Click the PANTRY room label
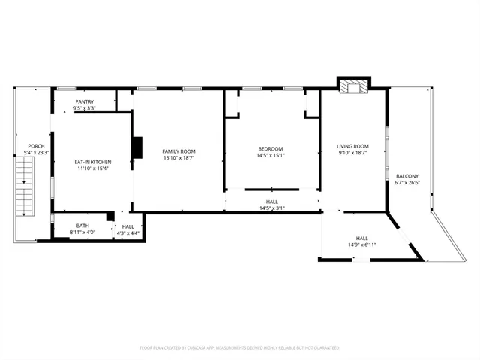click(84, 101)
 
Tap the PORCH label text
click(36, 146)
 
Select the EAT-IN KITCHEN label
click(92, 162)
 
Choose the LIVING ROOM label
click(352, 146)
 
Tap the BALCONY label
click(407, 176)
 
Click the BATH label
click(82, 226)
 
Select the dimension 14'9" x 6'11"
click(361, 245)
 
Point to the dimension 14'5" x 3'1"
click(272, 208)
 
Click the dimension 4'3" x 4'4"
click(127, 232)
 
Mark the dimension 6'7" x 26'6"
click(407, 182)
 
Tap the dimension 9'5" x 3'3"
click(84, 107)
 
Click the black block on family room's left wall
click(137, 148)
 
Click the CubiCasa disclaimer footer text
click(239, 347)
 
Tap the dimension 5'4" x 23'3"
click(36, 153)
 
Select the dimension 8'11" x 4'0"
click(82, 232)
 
